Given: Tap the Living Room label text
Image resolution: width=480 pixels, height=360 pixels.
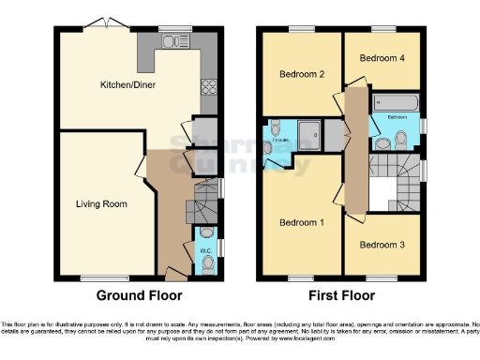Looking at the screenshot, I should click(101, 202).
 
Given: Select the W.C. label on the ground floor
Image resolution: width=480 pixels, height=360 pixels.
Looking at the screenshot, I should click(204, 251).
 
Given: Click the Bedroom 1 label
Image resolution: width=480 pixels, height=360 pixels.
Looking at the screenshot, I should click(303, 222).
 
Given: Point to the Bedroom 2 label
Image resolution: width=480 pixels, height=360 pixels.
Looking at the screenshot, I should click(302, 74).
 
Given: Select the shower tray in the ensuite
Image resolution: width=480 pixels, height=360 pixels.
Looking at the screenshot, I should click(308, 134).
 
